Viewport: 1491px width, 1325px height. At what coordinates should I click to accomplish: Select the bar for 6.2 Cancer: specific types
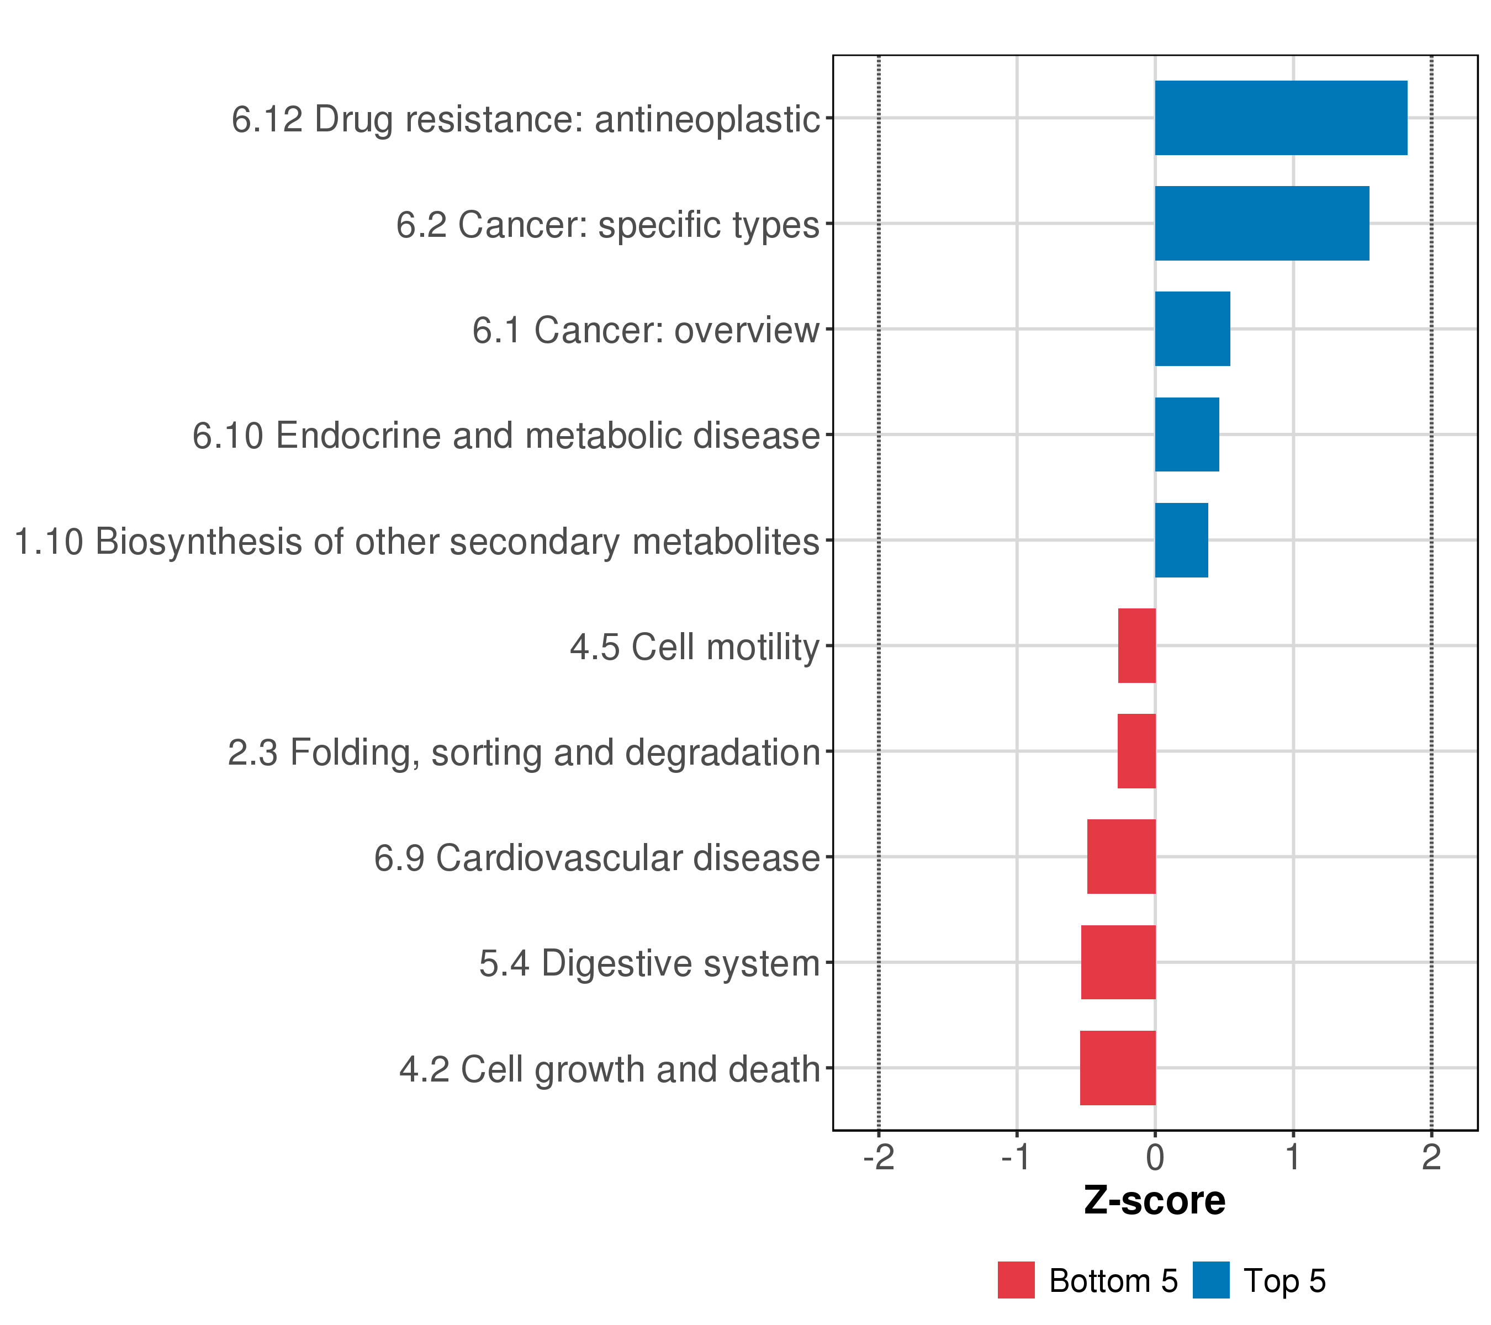[x=1261, y=223]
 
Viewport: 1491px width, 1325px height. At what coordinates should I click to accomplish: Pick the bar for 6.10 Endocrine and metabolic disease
[x=1186, y=434]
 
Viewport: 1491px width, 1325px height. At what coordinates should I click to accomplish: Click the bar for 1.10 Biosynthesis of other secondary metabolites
[x=1181, y=540]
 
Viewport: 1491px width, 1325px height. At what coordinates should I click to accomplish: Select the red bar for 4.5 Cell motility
[x=1136, y=645]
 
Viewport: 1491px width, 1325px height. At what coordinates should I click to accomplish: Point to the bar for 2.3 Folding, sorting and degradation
[x=1136, y=751]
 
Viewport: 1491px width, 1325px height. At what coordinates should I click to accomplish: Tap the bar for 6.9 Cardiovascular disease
[x=1121, y=857]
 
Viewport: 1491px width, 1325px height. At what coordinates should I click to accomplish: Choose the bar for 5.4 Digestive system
[x=1118, y=963]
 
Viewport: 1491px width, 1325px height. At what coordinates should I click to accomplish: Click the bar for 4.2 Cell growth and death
[x=1118, y=1068]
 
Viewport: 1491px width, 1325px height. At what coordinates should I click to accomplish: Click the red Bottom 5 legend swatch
[x=1016, y=1280]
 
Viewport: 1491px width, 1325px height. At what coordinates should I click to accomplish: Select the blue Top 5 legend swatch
[x=1211, y=1280]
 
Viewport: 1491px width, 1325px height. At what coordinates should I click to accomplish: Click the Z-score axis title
[x=1155, y=1201]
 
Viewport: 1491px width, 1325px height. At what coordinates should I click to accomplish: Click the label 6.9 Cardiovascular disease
[x=597, y=857]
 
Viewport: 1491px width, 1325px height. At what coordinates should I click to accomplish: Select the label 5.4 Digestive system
[x=649, y=963]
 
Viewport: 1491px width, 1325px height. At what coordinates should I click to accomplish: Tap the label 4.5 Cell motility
[x=695, y=647]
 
